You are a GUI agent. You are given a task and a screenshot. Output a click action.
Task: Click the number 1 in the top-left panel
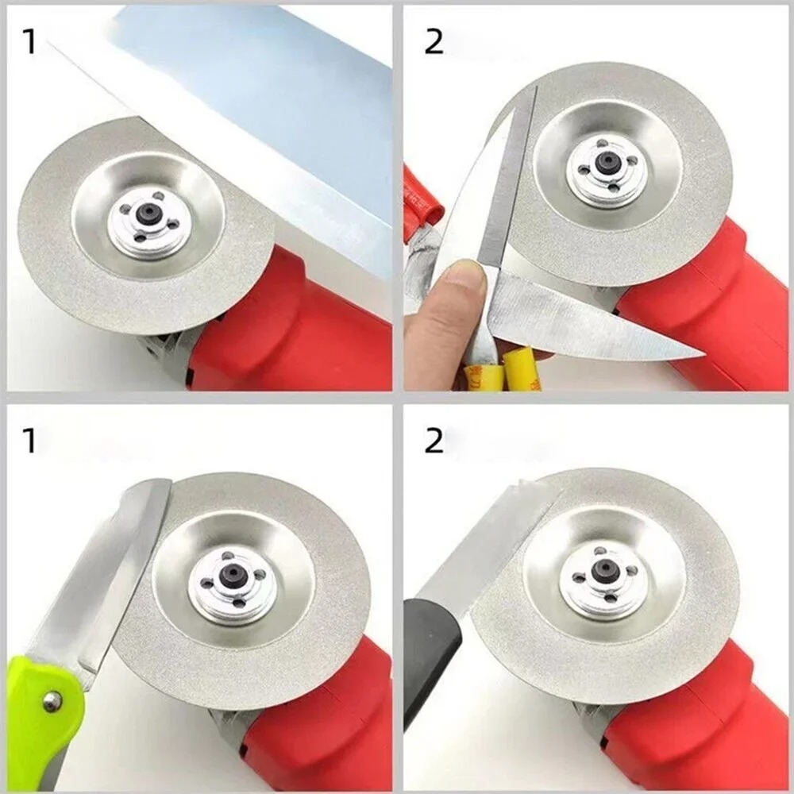click(29, 41)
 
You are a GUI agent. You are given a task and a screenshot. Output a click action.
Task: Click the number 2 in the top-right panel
click(434, 41)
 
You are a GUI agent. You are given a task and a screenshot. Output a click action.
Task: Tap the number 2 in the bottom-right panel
click(434, 441)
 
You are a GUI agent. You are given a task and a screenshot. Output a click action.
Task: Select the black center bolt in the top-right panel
click(607, 160)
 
